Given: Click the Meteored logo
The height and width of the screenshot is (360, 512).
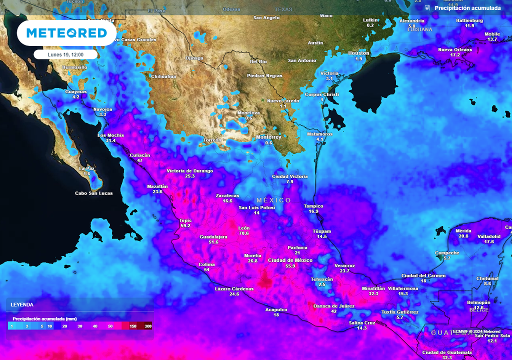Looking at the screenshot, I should [x=66, y=33].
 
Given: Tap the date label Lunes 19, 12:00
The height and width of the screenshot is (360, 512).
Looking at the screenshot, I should [x=66, y=54].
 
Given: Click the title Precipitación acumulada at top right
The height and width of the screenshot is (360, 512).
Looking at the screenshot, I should [x=467, y=8].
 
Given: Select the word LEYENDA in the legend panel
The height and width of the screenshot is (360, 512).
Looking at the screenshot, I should [x=22, y=304].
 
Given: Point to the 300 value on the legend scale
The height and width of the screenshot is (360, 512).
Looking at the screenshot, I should [x=147, y=326].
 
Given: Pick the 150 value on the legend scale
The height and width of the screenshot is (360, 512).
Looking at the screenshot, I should [x=133, y=326].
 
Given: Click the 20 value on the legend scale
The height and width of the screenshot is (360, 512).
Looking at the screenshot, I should [x=65, y=326].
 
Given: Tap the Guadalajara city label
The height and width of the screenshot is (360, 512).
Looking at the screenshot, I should [x=213, y=236].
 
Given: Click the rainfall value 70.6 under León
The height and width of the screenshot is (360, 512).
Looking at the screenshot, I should [x=243, y=233].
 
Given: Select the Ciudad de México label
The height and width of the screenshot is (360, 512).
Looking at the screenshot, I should [x=290, y=260].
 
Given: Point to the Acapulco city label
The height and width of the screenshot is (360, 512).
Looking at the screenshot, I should [x=276, y=309].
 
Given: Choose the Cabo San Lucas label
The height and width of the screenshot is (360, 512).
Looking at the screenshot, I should [x=93, y=193].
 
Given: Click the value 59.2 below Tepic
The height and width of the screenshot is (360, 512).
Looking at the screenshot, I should [x=185, y=225].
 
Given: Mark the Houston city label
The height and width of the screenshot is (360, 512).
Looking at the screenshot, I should [x=358, y=53].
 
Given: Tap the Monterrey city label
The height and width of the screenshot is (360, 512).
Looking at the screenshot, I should [x=268, y=137].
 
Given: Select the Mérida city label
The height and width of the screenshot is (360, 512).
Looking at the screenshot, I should [x=463, y=230].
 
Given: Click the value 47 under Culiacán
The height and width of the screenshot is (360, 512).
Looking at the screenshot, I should [x=140, y=160].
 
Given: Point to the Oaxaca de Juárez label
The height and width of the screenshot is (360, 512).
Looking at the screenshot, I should [x=333, y=305].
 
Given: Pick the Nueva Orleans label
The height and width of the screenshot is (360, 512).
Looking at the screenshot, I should [x=455, y=49].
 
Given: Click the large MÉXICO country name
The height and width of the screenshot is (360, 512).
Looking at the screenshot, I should [x=273, y=200].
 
